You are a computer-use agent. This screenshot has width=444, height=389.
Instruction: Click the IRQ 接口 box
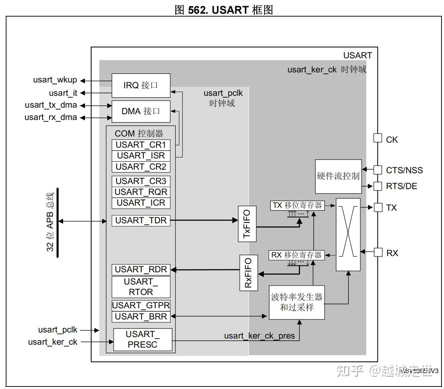click(x=141, y=85)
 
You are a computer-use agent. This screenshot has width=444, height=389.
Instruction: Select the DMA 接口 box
click(x=141, y=111)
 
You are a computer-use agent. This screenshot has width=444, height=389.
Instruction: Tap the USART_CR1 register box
click(x=141, y=145)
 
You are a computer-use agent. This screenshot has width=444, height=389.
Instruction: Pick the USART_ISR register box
click(x=141, y=156)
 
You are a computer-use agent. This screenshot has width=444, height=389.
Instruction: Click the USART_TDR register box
click(x=141, y=220)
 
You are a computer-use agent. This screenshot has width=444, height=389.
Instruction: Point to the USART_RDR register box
click(x=141, y=269)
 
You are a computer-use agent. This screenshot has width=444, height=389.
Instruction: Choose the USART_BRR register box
click(x=141, y=317)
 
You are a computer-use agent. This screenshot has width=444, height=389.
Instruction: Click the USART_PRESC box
click(x=142, y=339)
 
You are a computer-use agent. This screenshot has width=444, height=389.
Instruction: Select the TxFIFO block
click(x=247, y=224)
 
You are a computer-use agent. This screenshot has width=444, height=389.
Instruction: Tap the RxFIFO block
click(x=249, y=273)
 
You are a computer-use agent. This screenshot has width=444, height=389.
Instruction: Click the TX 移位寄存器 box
click(x=297, y=206)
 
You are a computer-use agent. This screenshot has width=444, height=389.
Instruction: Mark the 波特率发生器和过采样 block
click(x=297, y=303)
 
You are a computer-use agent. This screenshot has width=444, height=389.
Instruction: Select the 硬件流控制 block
click(x=338, y=176)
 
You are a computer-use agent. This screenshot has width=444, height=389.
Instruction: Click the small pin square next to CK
click(x=377, y=138)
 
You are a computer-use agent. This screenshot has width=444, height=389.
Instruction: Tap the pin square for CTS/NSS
click(x=377, y=170)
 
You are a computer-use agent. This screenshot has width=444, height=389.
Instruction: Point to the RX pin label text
click(x=392, y=253)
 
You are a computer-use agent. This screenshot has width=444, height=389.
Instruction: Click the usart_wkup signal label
click(x=55, y=80)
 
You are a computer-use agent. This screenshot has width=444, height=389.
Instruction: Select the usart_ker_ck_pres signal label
click(x=259, y=336)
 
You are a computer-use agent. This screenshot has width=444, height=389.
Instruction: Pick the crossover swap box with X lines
click(x=348, y=234)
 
